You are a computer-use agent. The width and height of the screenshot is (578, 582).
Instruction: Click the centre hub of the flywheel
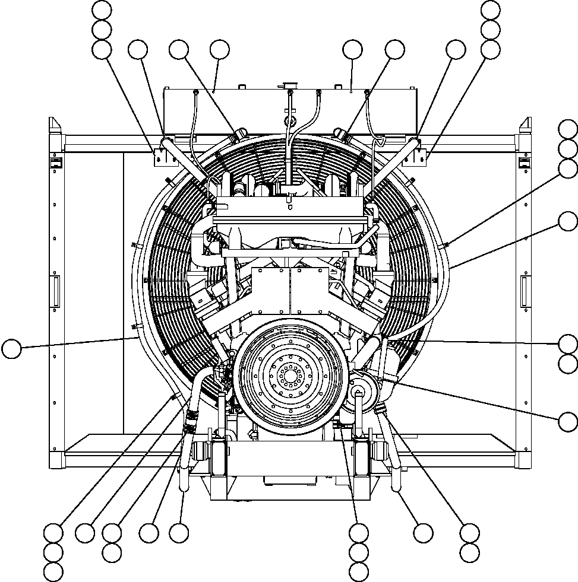(x=290, y=376)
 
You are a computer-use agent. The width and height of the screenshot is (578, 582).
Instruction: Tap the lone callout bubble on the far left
(x=11, y=348)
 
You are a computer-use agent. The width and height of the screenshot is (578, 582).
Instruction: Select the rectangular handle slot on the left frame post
(x=56, y=291)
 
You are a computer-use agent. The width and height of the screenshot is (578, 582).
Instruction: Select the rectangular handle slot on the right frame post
(x=525, y=291)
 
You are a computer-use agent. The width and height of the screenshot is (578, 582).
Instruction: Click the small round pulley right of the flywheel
(x=359, y=390)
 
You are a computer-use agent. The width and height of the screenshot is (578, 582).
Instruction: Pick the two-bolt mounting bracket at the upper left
(x=159, y=156)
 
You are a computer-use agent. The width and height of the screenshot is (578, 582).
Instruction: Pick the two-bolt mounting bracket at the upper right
(x=421, y=156)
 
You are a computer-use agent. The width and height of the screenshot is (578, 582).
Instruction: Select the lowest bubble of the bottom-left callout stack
(x=53, y=572)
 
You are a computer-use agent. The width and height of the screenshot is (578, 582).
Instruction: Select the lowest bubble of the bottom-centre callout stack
(x=359, y=572)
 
